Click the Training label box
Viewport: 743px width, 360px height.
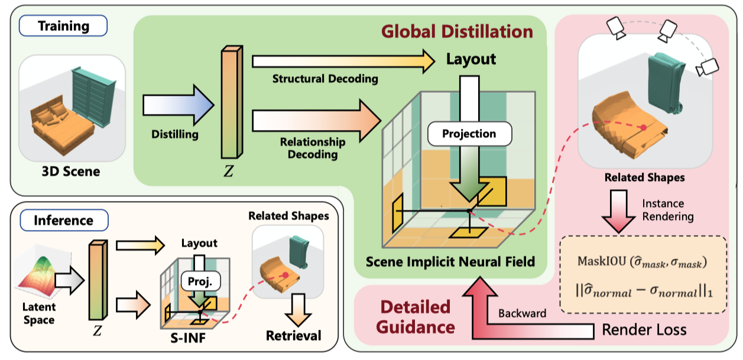tap(64, 26)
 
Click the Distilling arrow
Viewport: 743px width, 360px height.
tap(176, 106)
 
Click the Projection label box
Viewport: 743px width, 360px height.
tap(469, 134)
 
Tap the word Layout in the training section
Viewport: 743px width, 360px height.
tap(471, 59)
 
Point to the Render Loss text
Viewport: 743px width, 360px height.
tap(644, 329)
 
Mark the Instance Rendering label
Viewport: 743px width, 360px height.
tap(668, 210)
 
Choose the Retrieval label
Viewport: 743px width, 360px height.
tap(294, 336)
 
